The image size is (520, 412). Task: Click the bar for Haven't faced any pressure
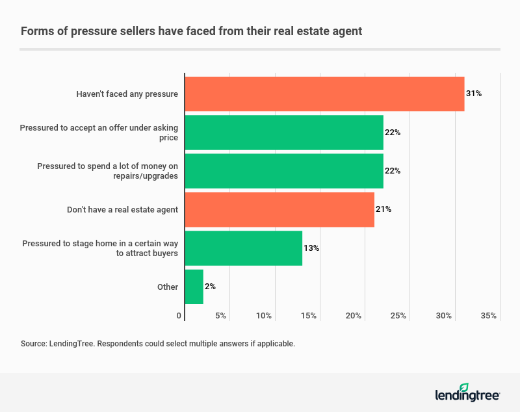tap(324, 94)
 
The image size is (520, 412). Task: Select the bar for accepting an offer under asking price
tap(284, 133)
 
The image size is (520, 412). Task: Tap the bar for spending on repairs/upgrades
tap(284, 171)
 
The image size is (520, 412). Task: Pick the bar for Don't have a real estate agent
tap(279, 209)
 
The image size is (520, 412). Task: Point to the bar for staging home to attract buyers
tap(244, 248)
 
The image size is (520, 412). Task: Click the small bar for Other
tap(194, 287)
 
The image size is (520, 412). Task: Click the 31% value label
tap(474, 94)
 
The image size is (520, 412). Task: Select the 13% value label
tap(311, 248)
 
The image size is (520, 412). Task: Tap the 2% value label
tap(210, 287)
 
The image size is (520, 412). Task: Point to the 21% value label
tap(383, 209)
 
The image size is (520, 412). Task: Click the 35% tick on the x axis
tap(489, 316)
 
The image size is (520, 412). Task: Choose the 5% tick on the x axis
tap(220, 316)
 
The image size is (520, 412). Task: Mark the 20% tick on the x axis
tap(354, 316)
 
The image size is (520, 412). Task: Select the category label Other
tap(167, 287)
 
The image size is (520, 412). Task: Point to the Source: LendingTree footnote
tap(158, 343)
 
